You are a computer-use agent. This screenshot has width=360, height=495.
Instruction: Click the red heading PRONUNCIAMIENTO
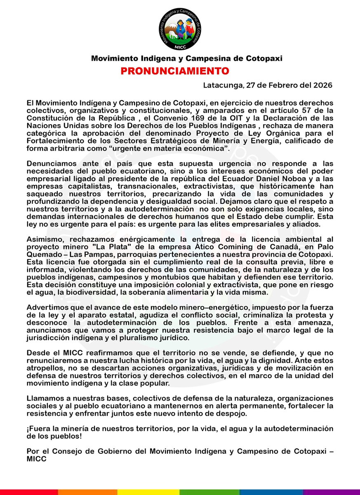175,71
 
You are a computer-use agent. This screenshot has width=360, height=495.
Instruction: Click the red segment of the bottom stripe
29,492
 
